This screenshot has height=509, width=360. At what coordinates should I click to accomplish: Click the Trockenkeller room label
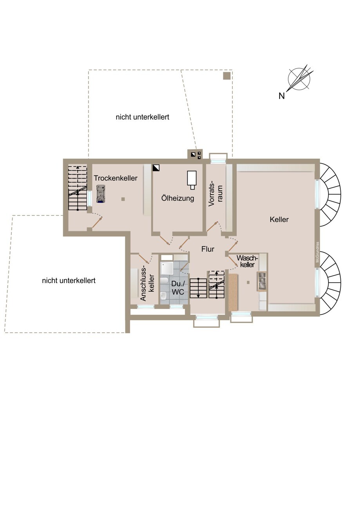tap(116, 178)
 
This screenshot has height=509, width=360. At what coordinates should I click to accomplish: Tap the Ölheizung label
tap(178, 198)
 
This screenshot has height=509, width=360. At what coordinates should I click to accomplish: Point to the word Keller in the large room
tap(279, 220)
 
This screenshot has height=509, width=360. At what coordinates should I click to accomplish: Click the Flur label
tap(208, 249)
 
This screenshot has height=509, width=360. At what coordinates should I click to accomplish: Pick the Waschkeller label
tap(247, 261)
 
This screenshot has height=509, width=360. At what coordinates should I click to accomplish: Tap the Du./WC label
tap(178, 288)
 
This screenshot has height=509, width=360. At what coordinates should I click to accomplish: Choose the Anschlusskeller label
tap(148, 285)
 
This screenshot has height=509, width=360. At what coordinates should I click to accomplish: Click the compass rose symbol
tap(300, 78)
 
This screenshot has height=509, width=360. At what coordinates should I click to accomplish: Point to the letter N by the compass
tap(282, 96)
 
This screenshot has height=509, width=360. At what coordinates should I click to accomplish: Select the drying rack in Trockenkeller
tap(101, 193)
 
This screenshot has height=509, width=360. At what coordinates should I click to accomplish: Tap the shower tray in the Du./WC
tap(167, 268)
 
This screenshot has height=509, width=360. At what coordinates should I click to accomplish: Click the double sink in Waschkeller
tap(262, 281)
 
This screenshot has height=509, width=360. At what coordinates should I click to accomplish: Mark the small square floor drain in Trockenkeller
tap(123, 199)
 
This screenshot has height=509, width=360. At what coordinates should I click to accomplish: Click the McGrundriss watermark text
tap(318, 252)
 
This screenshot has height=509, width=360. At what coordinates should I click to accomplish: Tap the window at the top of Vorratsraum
tap(218, 161)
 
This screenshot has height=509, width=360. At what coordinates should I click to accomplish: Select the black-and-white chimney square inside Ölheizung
tap(156, 168)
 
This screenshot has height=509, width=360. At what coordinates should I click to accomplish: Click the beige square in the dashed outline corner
tap(226, 76)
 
